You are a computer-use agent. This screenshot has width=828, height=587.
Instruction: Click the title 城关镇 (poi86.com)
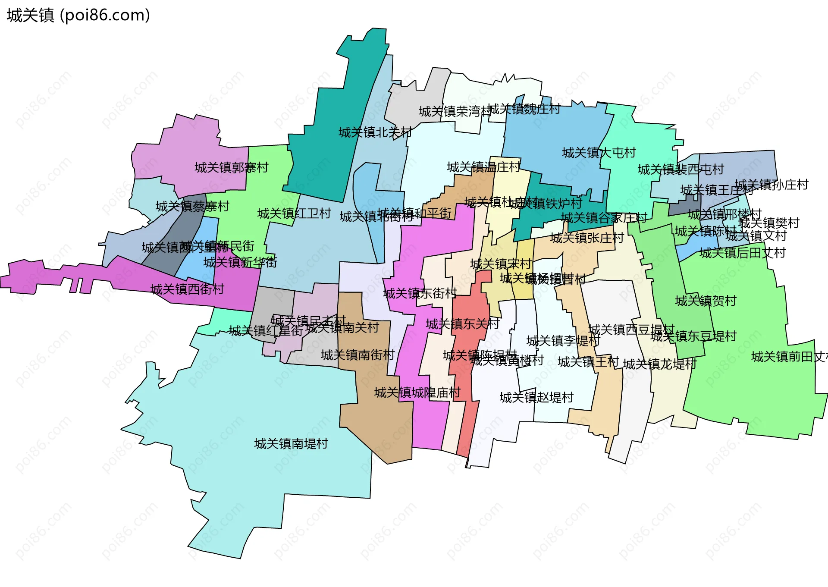78,16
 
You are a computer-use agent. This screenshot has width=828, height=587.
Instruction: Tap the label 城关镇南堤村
291,444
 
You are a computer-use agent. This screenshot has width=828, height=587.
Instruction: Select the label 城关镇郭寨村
232,167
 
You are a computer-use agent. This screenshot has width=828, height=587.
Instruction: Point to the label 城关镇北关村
375,132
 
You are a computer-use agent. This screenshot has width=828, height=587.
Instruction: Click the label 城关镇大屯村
599,153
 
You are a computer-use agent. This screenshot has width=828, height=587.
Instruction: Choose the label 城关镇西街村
187,289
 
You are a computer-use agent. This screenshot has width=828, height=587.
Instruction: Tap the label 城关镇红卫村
294,213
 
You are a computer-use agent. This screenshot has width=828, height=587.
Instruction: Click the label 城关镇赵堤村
536,397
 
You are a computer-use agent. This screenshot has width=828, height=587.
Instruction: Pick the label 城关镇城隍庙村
417,392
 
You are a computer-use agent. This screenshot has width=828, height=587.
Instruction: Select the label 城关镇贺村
706,301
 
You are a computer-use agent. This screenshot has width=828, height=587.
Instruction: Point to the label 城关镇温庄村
483,167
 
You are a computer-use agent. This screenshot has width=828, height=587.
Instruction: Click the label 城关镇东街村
420,294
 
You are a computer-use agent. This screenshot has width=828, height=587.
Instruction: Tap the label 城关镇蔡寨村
192,207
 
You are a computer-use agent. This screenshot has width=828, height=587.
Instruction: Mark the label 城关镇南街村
358,355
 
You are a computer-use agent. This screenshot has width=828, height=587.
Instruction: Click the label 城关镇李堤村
563,341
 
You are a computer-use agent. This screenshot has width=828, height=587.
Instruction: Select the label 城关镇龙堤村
660,364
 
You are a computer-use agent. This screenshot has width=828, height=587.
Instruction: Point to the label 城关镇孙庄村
772,185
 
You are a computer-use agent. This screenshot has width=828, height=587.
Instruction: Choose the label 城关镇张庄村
587,238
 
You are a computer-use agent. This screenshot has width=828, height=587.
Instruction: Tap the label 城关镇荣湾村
455,112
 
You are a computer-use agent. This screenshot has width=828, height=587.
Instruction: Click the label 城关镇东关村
462,324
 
